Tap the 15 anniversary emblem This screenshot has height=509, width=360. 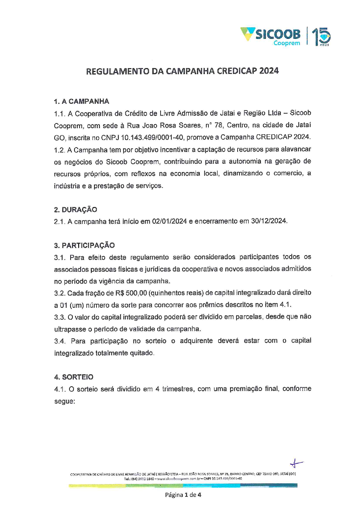pos(321,36)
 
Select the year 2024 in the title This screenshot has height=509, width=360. pos(269,71)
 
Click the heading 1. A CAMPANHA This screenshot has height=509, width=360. pos(81,101)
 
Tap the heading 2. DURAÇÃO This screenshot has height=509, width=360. pos(76,210)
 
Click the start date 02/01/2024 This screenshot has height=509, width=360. pos(169,221)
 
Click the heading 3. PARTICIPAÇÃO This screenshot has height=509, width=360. pos(84,245)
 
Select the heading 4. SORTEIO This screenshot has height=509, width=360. pos(73,377)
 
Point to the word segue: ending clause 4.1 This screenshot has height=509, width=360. pos(64,401)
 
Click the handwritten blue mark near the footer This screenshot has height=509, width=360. pos(296,463)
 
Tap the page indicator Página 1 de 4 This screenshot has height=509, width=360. pos(183,495)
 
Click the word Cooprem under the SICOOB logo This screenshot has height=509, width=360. pos(287,43)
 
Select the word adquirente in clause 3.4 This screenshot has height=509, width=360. pos(196,341)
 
